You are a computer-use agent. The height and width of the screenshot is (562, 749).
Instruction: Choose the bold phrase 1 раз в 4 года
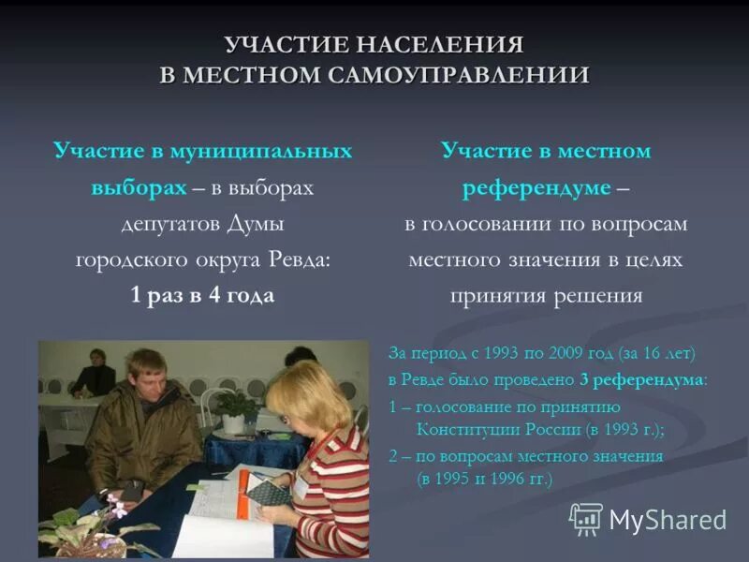pos(202,296)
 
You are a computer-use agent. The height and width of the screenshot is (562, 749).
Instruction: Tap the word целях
pos(654,260)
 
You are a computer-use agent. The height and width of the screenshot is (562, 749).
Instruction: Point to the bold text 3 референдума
pos(642,380)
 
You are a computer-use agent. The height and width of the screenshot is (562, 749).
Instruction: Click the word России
pos(552,429)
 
